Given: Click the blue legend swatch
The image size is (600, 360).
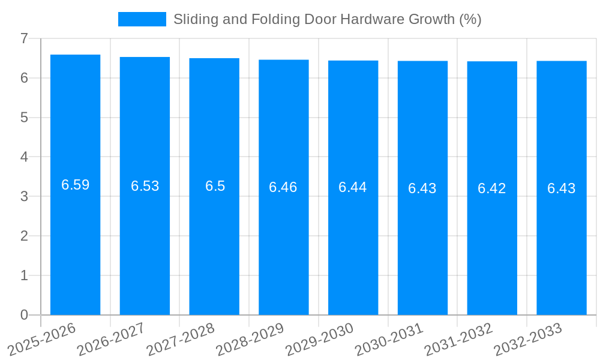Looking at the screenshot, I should [142, 19].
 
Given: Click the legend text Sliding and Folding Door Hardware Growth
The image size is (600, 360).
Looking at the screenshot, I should [327, 19].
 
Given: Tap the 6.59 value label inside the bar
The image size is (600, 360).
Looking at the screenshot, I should [75, 185].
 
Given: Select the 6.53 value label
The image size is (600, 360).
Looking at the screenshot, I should [145, 186].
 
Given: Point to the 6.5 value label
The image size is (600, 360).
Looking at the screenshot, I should [215, 186].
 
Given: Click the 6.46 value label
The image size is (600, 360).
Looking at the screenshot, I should [283, 187].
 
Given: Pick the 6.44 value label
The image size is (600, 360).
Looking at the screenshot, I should [353, 187].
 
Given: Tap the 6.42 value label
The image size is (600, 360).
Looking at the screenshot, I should [492, 188].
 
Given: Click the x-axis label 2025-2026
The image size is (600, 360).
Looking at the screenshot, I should [42, 338].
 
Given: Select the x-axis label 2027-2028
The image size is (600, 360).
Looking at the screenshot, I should [181, 338].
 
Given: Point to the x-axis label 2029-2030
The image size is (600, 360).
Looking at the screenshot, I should [320, 338].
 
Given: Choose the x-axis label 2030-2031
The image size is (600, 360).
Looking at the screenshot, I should [389, 338].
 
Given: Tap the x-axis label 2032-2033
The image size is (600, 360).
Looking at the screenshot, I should [528, 338].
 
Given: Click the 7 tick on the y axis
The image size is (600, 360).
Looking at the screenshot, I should [24, 38].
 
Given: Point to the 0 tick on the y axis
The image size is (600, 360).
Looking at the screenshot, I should [24, 315].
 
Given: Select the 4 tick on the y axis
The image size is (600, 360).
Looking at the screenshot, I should [24, 157].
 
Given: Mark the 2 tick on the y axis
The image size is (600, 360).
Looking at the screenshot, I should [24, 236].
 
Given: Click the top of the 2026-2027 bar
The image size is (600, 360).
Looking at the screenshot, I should [145, 58].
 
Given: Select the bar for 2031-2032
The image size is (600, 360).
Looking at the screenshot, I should [492, 240].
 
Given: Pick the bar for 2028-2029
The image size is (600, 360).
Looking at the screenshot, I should [283, 240].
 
